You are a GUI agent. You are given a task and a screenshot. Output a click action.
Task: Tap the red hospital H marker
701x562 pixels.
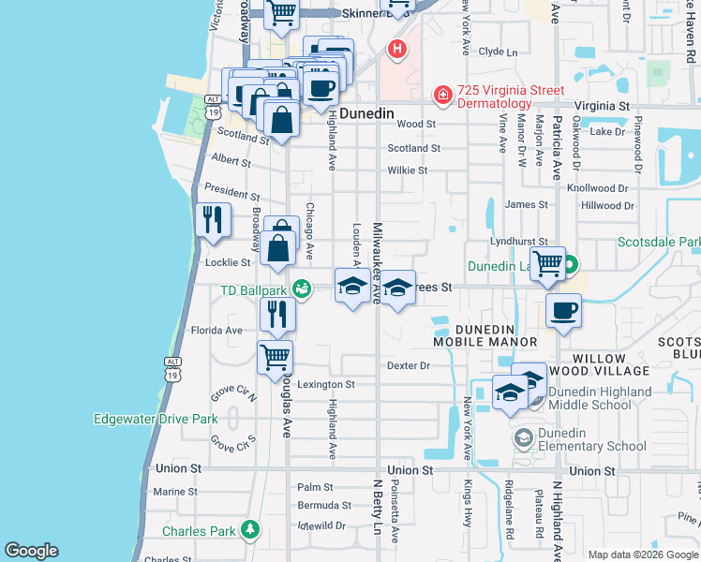pyautogui.click(x=398, y=49)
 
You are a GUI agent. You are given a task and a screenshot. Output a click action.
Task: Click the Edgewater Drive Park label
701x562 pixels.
pyautogui.click(x=156, y=419)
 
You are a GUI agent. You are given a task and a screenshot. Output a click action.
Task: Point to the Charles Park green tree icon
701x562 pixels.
pyautogui.click(x=249, y=531)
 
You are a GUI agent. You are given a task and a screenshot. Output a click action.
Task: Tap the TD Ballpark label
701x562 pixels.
pyautogui.click(x=253, y=289)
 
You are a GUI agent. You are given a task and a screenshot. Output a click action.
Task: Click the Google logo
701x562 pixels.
pyautogui.click(x=31, y=551)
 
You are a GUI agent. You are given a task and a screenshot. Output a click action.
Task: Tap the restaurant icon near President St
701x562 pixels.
pyautogui.click(x=213, y=219)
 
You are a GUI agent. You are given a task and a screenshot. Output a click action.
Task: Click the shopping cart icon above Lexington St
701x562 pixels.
pyautogui.click(x=276, y=356)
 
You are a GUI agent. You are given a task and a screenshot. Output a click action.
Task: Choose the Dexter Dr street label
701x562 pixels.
pyautogui.click(x=408, y=365)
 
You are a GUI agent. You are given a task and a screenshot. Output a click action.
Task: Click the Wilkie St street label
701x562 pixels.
pyautogui.click(x=408, y=170)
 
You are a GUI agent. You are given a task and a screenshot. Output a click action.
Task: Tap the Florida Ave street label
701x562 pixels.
pyautogui.click(x=216, y=330)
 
